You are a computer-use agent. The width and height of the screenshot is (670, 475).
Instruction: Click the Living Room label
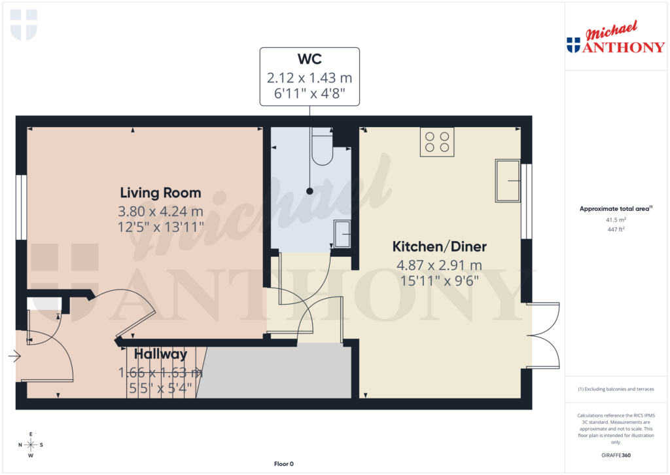[160, 193]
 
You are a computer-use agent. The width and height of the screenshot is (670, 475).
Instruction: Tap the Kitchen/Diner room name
[439, 246]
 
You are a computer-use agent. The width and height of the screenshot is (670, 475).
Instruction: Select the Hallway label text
[161, 354]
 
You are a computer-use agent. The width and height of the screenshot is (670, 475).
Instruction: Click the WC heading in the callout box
[309, 59]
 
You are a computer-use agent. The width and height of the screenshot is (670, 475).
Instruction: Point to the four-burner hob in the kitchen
[437, 142]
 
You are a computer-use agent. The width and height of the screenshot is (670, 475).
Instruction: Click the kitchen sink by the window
[508, 180]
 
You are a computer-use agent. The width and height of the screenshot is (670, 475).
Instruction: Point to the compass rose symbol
[31, 445]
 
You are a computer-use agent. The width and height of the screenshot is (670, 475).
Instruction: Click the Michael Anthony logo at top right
[615, 39]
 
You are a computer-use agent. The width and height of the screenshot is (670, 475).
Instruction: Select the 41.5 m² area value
[615, 220]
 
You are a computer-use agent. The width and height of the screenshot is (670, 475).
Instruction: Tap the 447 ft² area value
[615, 229]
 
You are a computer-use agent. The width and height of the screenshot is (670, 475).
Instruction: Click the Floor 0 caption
[283, 464]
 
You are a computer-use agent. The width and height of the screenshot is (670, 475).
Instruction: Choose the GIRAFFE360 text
[615, 455]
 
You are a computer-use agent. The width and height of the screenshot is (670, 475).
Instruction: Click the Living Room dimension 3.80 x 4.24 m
[160, 212]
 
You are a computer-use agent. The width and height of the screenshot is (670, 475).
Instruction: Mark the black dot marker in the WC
[309, 191]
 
